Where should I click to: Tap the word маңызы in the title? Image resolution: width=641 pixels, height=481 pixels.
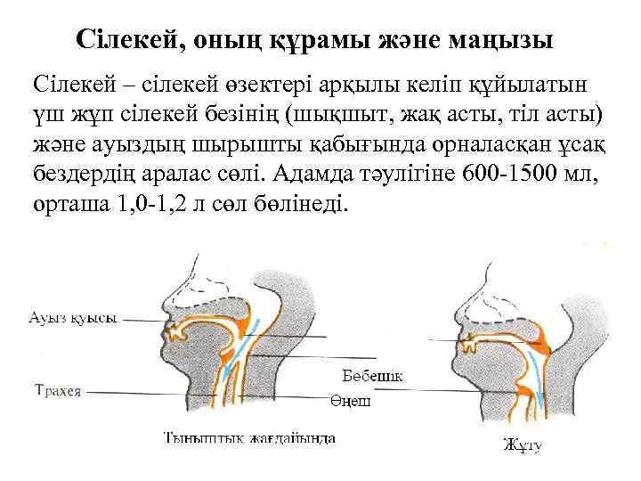pos(504,40)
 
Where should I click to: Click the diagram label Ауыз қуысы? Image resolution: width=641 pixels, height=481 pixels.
pos(73,318)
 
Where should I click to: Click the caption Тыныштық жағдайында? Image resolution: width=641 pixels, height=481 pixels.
pos(250,437)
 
